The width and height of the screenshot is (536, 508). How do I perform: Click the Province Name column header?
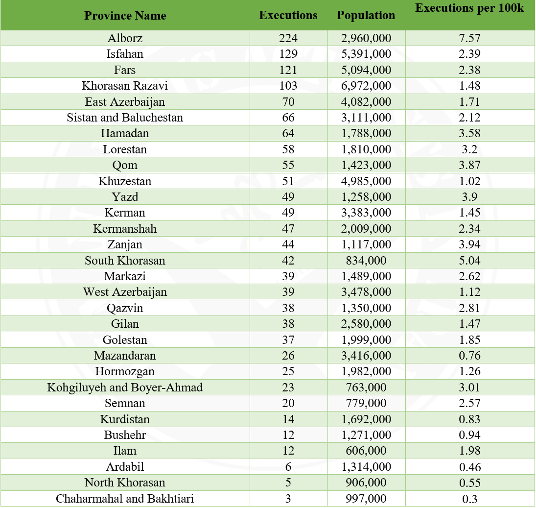coord(125,16)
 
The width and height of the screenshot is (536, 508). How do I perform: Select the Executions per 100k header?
coord(469,9)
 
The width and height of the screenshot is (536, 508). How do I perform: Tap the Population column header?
coord(366,16)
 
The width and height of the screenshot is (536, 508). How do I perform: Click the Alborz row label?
coord(125,38)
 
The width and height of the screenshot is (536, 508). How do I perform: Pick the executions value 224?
coord(288,38)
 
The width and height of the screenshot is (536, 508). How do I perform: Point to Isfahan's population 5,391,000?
coord(366,54)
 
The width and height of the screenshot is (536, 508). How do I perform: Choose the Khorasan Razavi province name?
coord(125,86)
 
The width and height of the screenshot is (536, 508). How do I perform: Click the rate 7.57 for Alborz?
coord(469,38)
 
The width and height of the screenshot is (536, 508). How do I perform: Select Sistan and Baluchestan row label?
coord(125,118)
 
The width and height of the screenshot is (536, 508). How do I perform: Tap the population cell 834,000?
coord(366,261)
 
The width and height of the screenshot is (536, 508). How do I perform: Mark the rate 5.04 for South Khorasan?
coord(469,261)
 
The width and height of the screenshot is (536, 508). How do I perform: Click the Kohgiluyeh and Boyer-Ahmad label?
coord(125,387)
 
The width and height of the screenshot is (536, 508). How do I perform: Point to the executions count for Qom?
coord(288,165)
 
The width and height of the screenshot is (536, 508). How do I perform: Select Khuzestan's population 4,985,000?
coord(366,181)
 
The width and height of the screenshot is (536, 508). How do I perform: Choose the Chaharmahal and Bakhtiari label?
coord(125,499)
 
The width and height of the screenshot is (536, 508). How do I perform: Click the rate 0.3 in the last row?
coord(469,499)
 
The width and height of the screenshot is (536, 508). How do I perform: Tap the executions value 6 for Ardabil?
coord(288,467)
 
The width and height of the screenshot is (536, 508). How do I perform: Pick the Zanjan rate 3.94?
coord(469,244)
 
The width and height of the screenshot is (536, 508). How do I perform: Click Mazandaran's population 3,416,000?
coord(366,356)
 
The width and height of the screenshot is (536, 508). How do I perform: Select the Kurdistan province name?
coord(125,419)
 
